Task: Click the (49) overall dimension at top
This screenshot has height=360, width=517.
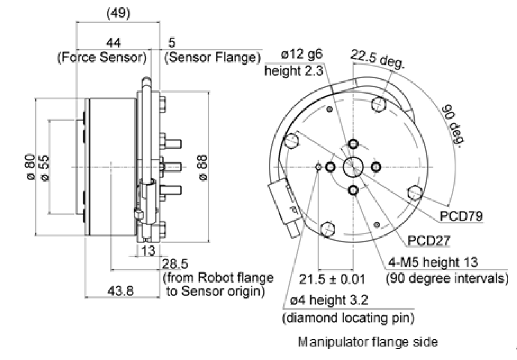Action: (x=118, y=13)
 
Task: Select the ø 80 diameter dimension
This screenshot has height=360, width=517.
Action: (x=30, y=167)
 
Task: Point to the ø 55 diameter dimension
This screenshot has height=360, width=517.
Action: (x=45, y=167)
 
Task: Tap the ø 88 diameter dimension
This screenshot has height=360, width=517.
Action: (x=203, y=167)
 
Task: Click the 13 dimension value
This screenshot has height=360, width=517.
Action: (x=147, y=250)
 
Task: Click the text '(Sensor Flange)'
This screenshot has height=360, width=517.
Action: (x=213, y=58)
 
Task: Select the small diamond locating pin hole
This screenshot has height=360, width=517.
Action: (x=319, y=167)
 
